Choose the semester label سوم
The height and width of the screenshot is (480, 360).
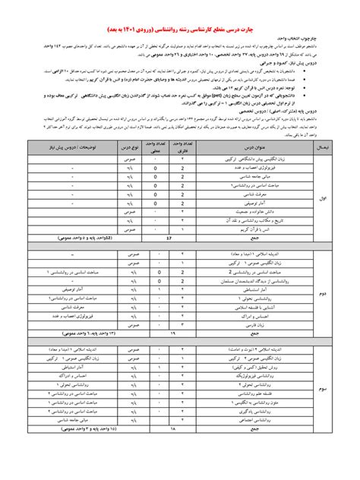323,388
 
